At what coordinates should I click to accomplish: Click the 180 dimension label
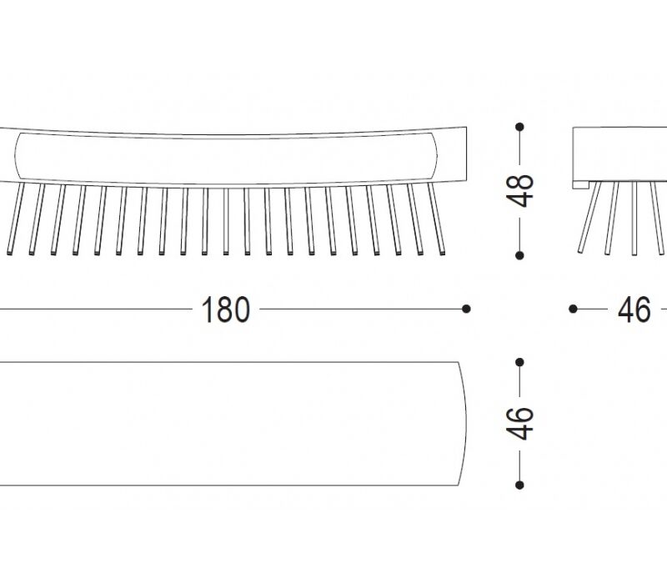225,310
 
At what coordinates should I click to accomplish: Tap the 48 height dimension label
519,190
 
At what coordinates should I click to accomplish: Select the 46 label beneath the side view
634,310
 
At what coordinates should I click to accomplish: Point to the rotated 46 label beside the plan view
519,423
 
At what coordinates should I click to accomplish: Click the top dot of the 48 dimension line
519,127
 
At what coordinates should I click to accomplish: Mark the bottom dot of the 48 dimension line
519,255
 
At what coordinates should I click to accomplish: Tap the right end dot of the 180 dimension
466,309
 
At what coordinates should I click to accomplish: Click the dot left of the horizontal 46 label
573,309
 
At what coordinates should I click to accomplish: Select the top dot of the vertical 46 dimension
519,362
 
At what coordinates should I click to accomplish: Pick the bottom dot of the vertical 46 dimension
519,485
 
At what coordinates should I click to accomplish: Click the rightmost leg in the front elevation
436,219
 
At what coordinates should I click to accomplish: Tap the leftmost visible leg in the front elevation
16,219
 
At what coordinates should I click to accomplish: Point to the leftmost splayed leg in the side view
590,217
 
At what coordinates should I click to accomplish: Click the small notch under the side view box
580,184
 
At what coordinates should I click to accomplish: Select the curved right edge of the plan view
464,424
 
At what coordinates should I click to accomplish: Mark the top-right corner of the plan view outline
459,362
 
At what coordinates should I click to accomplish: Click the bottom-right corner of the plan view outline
459,486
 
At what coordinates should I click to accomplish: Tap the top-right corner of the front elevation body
467,127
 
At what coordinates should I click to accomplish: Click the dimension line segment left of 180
96,309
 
